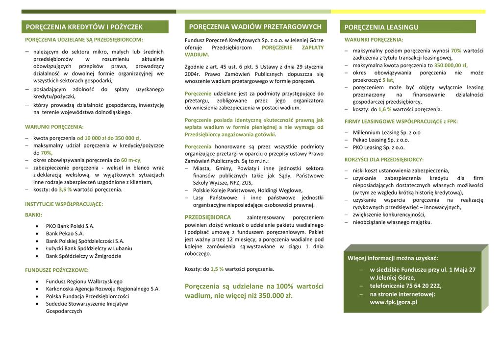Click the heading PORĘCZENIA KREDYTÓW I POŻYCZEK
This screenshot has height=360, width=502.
pyautogui.click(x=84, y=27)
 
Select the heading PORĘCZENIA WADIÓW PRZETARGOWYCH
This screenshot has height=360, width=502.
pyautogui.click(x=255, y=26)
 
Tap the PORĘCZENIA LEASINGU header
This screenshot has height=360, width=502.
pyautogui.click(x=381, y=27)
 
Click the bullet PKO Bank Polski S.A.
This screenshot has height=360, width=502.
pyautogui.click(x=70, y=226)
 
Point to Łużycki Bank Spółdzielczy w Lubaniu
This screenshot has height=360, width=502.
pyautogui.click(x=89, y=248)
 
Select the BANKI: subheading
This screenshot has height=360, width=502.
pyautogui.click(x=34, y=215)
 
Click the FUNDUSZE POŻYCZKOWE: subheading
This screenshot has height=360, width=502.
pyautogui.click(x=57, y=270)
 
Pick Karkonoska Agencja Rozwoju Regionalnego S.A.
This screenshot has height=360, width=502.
pyautogui.click(x=102, y=289)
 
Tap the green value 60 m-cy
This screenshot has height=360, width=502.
pyautogui.click(x=131, y=160)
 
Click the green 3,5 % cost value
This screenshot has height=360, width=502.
pyautogui.click(x=65, y=190)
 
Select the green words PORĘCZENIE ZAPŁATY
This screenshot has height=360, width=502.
pyautogui.click(x=293, y=48)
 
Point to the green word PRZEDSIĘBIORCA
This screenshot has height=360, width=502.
pyautogui.click(x=208, y=217)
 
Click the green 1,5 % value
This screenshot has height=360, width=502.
pyautogui.click(x=217, y=269)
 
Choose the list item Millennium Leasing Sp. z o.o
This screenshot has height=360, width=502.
pyautogui.click(x=386, y=132)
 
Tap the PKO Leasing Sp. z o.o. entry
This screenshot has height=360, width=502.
pyautogui.click(x=378, y=147)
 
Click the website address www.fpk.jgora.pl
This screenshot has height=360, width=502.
pyautogui.click(x=393, y=302)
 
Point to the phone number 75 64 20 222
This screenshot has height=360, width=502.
pyautogui.click(x=423, y=286)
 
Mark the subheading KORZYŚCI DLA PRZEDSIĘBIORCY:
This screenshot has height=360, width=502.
pyautogui.click(x=384, y=160)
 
